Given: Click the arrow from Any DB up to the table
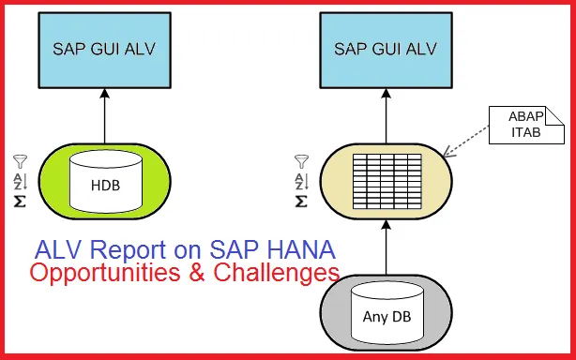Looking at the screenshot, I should pyautogui.click(x=386, y=247).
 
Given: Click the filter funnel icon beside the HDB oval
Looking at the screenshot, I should pyautogui.click(x=20, y=162).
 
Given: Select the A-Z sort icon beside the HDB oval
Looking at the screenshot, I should pyautogui.click(x=20, y=181).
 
